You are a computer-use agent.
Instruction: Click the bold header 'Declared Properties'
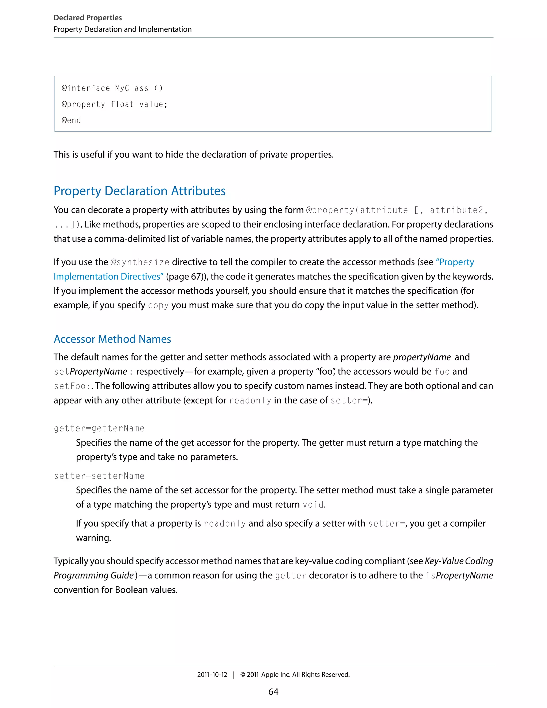88,18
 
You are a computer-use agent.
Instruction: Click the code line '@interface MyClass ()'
112,88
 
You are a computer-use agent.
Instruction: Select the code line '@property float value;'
114,104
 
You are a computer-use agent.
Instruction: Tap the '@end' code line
71,120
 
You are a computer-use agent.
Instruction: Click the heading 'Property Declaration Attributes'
139,191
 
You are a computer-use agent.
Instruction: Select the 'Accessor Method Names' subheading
112,339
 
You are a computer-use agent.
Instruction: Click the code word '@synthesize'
140,262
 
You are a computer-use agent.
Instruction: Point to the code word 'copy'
158,305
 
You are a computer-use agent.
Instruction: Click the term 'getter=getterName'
99,428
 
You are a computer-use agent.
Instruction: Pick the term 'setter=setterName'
99,476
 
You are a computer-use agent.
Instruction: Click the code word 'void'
313,505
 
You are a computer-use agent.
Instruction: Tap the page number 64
273,691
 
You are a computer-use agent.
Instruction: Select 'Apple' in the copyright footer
270,675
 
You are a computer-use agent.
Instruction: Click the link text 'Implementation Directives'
108,277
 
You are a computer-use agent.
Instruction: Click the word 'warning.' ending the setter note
93,538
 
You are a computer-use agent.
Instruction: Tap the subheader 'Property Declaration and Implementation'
123,29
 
